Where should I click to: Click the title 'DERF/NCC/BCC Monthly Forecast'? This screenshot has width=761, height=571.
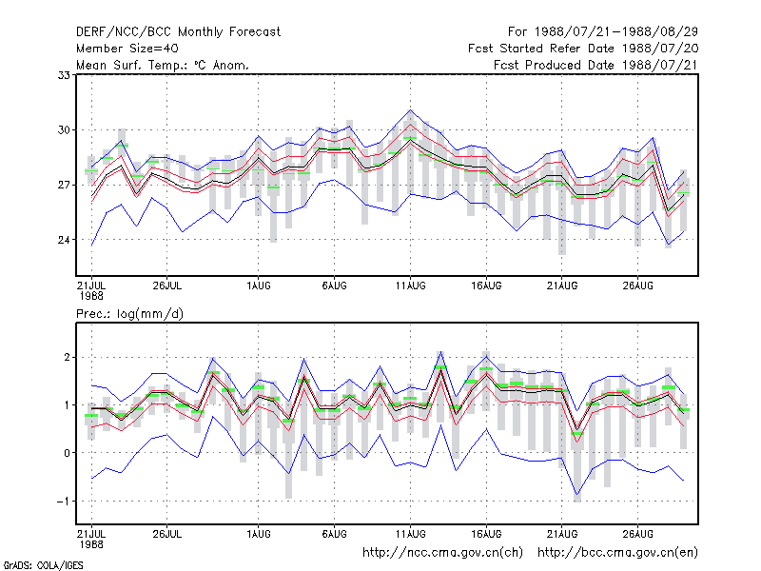[178, 32]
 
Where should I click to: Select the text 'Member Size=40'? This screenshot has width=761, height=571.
[127, 49]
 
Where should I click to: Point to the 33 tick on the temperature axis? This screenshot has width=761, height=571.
[64, 75]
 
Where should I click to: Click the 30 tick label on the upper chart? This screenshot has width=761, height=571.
[64, 130]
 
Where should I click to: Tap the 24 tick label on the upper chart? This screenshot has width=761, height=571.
[64, 240]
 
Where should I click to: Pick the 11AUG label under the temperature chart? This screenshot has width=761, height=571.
[411, 286]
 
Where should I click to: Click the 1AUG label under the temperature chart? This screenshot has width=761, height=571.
[258, 286]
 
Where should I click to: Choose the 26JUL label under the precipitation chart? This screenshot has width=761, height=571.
[167, 534]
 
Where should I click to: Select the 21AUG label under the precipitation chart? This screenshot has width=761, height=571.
[562, 534]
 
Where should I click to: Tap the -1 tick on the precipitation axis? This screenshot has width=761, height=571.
[63, 502]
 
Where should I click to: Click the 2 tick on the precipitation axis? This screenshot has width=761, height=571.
[67, 358]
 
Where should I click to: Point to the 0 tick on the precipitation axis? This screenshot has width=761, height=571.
[67, 453]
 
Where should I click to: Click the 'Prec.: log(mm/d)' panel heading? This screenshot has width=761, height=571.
[129, 314]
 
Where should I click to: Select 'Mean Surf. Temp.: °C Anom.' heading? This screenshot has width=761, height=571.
[163, 65]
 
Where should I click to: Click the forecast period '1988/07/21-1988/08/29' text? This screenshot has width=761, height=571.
[616, 32]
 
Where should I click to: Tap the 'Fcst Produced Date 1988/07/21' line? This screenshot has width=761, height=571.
[596, 65]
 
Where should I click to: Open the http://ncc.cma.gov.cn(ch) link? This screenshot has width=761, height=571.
[442, 553]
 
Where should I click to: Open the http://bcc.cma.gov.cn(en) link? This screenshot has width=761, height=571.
[617, 553]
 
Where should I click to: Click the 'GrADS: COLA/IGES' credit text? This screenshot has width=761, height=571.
[43, 565]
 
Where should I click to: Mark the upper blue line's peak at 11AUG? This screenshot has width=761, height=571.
[411, 109]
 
